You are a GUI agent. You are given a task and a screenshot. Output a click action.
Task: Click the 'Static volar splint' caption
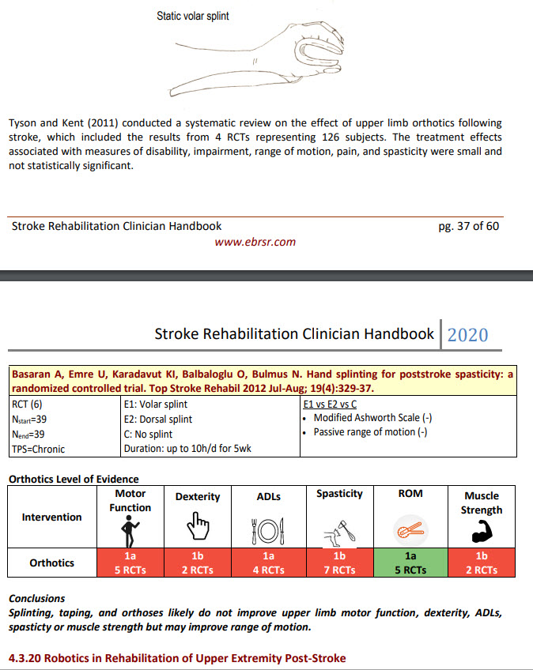tap(193, 16)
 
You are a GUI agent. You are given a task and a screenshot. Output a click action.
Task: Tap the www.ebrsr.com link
tap(255, 242)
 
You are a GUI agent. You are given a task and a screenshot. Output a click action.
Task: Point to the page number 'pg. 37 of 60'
tap(468, 226)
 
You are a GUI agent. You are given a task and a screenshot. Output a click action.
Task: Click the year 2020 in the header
tap(467, 334)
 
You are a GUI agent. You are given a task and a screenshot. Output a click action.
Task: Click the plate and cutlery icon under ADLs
tap(268, 528)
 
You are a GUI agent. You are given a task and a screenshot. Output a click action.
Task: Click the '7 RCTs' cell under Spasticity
tap(339, 570)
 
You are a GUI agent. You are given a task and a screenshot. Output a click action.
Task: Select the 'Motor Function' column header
tap(130, 500)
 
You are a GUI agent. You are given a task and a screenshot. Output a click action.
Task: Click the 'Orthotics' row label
tap(51, 563)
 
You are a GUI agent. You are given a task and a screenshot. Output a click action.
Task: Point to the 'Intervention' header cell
tap(51, 517)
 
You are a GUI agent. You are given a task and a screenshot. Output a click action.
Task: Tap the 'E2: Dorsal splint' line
tap(158, 419)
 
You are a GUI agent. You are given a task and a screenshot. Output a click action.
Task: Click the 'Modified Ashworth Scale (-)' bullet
tap(372, 418)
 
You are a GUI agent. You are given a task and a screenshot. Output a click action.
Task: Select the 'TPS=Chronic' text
tap(38, 449)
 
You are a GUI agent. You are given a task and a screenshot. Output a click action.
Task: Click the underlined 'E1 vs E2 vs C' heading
tap(331, 403)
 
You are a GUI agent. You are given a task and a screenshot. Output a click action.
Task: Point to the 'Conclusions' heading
tap(36, 598)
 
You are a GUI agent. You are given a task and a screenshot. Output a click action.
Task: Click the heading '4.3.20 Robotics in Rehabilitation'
tap(176, 658)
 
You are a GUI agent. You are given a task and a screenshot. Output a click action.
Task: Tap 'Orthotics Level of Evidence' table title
tap(73, 479)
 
